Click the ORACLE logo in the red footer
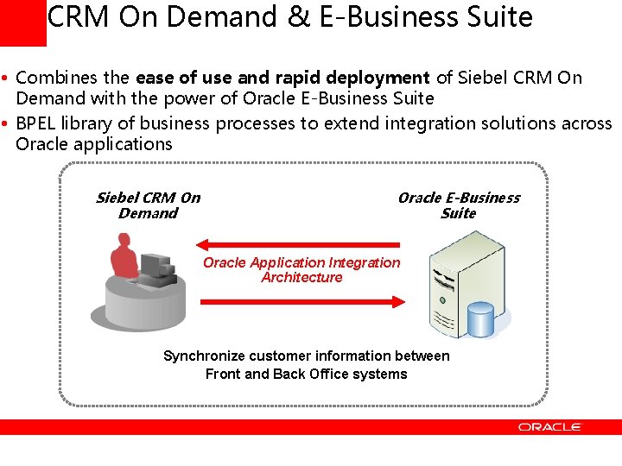pyautogui.click(x=550, y=426)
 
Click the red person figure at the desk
pyautogui.click(x=124, y=258)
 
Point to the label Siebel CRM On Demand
pyautogui.click(x=148, y=205)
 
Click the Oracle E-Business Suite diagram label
pyautogui.click(x=458, y=205)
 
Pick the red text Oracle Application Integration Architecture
pyautogui.click(x=301, y=270)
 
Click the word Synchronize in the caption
pyautogui.click(x=204, y=356)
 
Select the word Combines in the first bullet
pyautogui.click(x=54, y=78)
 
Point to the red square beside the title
pyautogui.click(x=22, y=22)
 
